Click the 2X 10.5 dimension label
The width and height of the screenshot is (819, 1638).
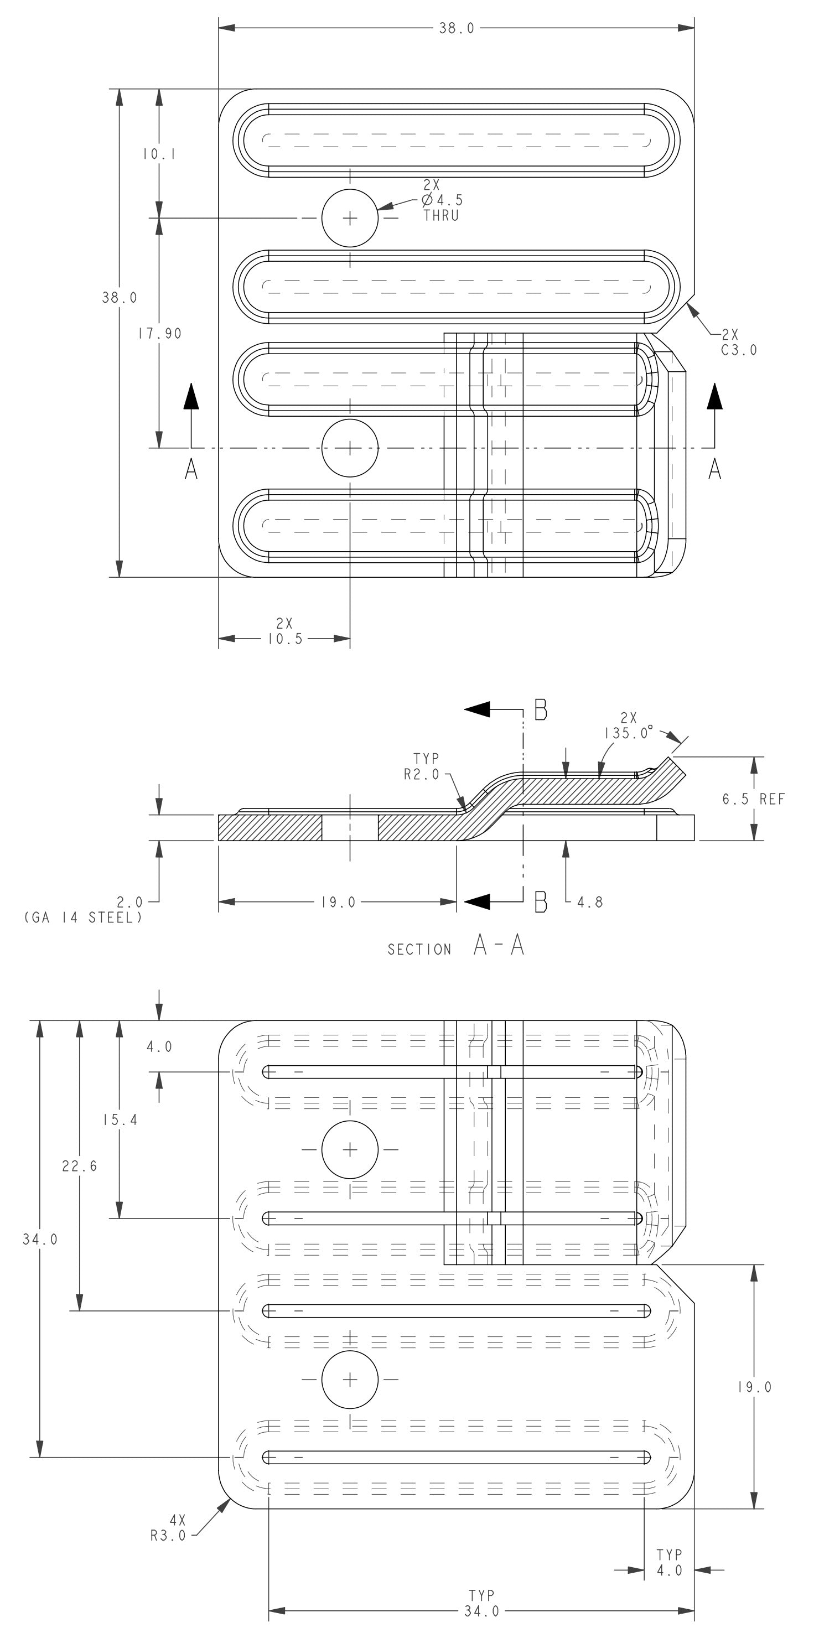tap(285, 632)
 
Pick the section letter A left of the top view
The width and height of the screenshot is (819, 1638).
tap(191, 470)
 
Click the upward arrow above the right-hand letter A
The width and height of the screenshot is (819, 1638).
tap(715, 397)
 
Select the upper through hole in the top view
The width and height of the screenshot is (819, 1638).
tap(350, 218)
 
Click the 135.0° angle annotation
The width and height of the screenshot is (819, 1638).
tap(628, 726)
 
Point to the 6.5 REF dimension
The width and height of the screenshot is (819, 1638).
tap(754, 799)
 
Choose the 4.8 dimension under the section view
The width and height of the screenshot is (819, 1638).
tap(589, 901)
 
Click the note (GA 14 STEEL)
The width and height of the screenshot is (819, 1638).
tap(82, 918)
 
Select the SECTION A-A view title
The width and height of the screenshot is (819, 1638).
tap(456, 947)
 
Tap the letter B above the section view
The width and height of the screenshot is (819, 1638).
tap(541, 709)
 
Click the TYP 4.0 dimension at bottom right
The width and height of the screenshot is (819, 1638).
tap(670, 1562)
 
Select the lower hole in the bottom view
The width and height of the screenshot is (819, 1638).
tap(350, 1380)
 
